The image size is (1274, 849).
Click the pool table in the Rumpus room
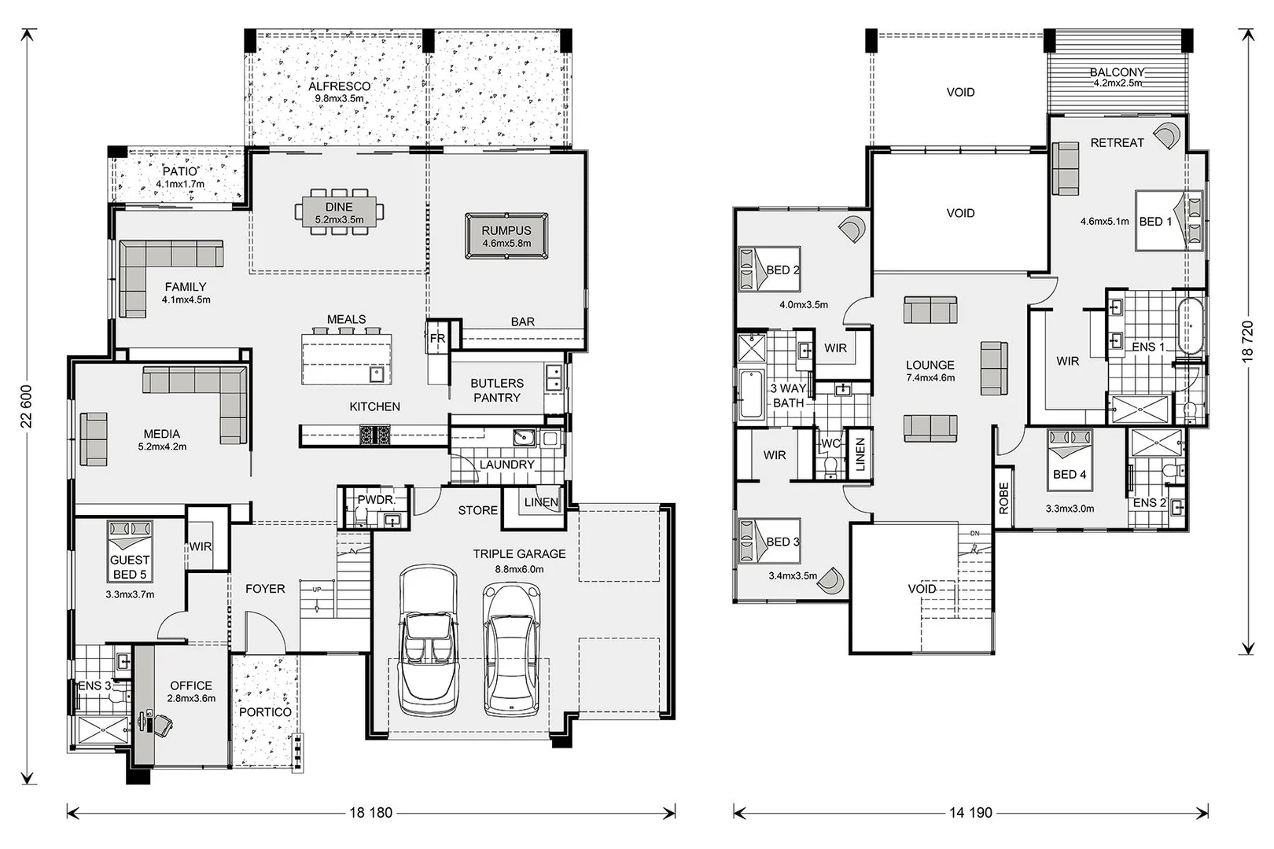[x=506, y=236]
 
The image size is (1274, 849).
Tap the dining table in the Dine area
[x=339, y=211]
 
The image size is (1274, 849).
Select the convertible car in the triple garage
[x=428, y=641]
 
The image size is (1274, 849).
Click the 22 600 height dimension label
[x=26, y=406]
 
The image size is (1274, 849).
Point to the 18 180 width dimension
[x=371, y=813]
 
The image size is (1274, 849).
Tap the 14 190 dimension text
[x=970, y=813]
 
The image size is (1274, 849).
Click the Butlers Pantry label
[x=497, y=390]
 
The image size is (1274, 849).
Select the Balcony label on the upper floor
[x=1117, y=72]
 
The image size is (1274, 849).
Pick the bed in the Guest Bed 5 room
[x=130, y=551]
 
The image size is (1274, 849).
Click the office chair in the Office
[x=161, y=725]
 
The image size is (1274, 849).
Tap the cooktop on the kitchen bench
[x=375, y=436]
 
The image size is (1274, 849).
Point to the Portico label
[x=265, y=712]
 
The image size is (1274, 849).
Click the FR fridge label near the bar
[x=437, y=338]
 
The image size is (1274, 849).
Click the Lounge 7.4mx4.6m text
[x=930, y=370]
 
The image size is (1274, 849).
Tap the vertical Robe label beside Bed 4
[x=1003, y=498]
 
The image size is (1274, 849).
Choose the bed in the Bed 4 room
[x=1070, y=460]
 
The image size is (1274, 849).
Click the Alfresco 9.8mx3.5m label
[x=340, y=91]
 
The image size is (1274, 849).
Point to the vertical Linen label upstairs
[x=860, y=454]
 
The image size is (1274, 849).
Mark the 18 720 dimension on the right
[x=1247, y=341]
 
